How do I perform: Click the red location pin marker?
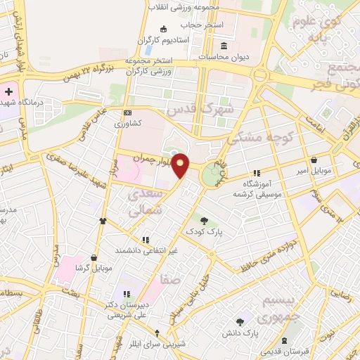181,166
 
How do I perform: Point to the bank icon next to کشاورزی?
127,112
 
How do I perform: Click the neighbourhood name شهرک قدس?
191,110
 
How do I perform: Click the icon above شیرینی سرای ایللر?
157,333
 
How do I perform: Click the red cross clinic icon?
7,92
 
